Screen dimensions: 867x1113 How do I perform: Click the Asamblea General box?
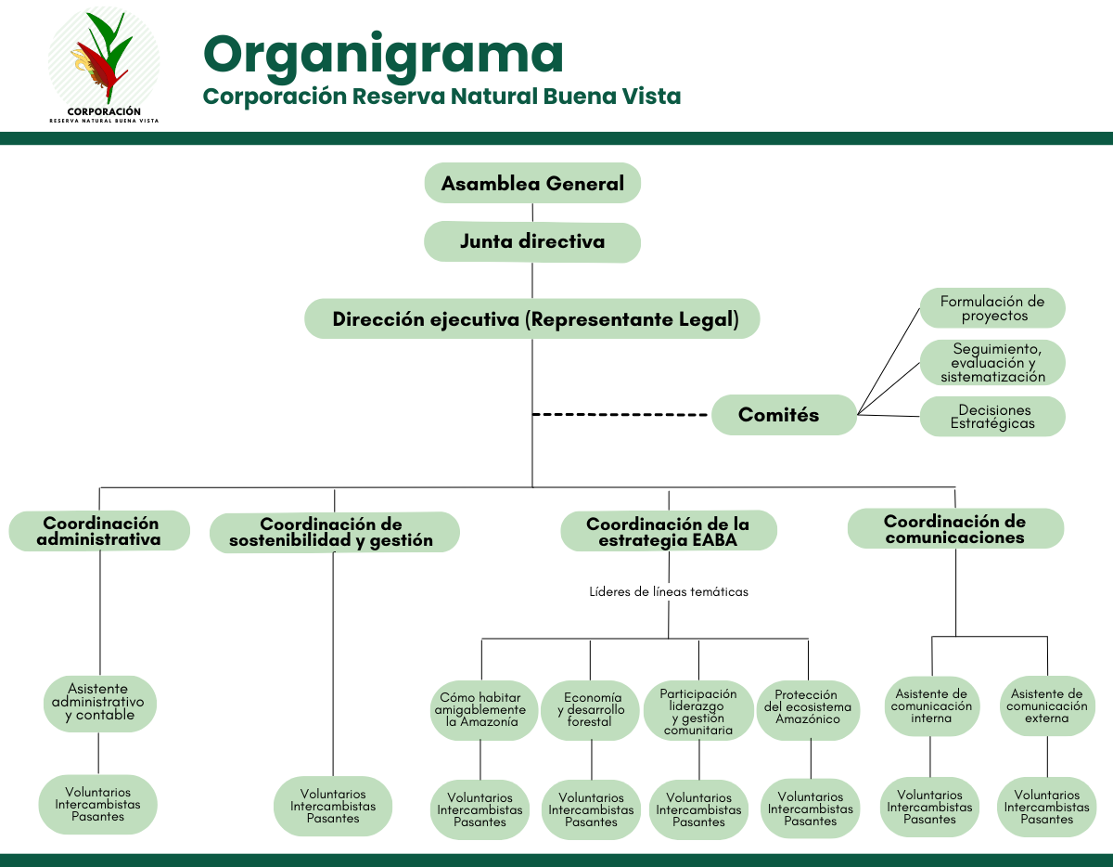tap(532, 183)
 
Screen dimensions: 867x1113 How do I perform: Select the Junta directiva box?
tap(532, 242)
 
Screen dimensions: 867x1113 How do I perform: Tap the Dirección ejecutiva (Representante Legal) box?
tap(532, 319)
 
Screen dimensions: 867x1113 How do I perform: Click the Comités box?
tap(784, 415)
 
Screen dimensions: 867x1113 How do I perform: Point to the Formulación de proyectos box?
tap(992, 308)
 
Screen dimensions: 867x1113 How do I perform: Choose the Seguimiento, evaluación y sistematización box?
tap(992, 362)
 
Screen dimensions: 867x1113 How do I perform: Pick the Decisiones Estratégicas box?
tap(992, 417)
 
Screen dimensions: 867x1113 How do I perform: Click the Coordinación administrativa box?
tap(99, 531)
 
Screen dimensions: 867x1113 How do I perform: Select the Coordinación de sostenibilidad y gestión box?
tap(334, 532)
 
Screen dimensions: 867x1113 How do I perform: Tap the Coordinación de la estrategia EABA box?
tap(669, 531)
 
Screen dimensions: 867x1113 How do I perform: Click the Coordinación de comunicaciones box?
tap(955, 529)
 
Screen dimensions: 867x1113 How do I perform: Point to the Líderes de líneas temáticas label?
tap(669, 591)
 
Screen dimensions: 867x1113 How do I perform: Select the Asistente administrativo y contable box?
tap(99, 703)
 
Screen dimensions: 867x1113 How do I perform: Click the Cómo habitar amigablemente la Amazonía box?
tap(480, 710)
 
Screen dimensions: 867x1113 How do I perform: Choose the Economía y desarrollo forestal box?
tap(592, 710)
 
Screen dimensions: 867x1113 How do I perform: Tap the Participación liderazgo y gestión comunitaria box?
tap(699, 711)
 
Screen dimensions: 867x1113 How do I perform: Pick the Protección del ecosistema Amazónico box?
tap(808, 708)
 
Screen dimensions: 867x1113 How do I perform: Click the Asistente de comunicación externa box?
tap(1047, 706)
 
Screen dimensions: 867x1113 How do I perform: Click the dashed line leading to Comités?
tap(621, 414)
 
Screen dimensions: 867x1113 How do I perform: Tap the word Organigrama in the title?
tap(383, 54)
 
